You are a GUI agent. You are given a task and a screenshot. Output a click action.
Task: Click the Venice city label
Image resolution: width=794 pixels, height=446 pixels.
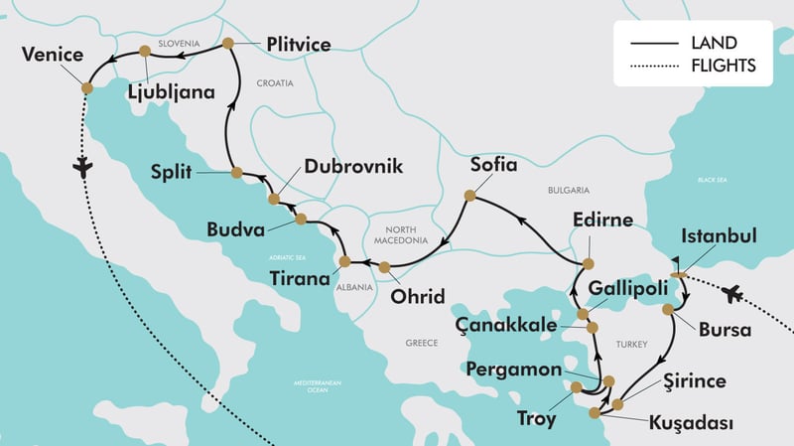click(51, 54)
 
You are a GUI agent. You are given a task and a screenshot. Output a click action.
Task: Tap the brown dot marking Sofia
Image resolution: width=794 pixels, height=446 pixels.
click(469, 197)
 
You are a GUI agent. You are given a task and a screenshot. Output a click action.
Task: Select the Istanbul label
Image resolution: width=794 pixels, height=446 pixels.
click(720, 236)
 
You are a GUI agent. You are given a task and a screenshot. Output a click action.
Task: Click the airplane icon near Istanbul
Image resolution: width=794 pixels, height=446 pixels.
click(733, 293)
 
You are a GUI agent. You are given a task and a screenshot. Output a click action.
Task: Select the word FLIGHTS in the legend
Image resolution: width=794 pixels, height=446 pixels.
click(724, 67)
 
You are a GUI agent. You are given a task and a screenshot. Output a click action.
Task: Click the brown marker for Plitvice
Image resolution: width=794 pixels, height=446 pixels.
click(228, 44)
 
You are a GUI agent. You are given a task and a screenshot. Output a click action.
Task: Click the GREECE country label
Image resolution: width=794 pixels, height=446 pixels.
click(423, 343)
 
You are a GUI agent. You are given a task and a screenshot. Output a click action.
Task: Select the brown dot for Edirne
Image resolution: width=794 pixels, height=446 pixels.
click(587, 263)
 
